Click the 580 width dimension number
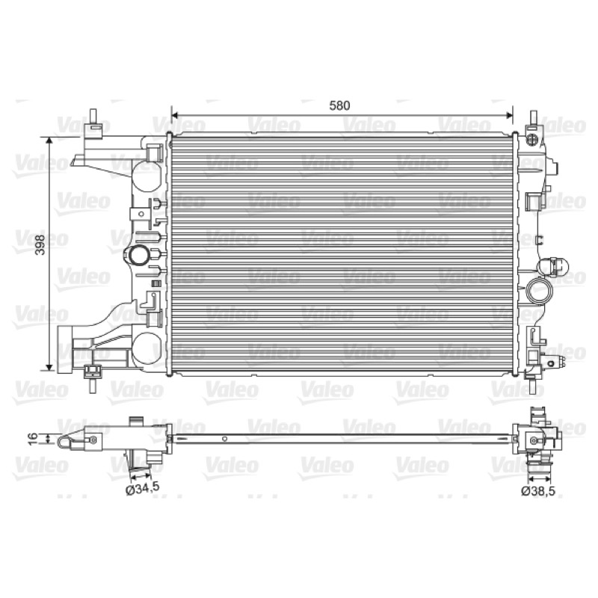[x=339, y=105]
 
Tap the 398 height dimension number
[x=40, y=245]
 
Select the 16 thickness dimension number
[x=33, y=438]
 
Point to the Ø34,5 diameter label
[x=142, y=489]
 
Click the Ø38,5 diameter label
[x=538, y=492]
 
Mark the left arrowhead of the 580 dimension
[x=175, y=116]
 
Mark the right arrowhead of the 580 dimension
[x=509, y=116]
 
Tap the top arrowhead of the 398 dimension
[x=49, y=141]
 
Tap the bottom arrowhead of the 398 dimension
[x=49, y=367]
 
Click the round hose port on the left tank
[x=138, y=255]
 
